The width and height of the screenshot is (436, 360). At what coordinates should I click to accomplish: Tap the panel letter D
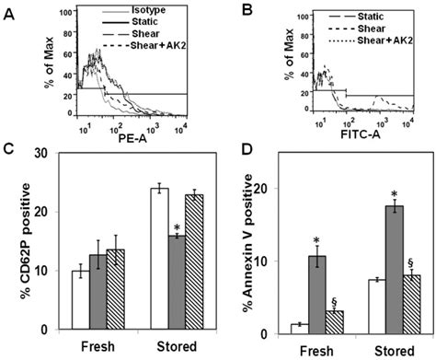point(235,163)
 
